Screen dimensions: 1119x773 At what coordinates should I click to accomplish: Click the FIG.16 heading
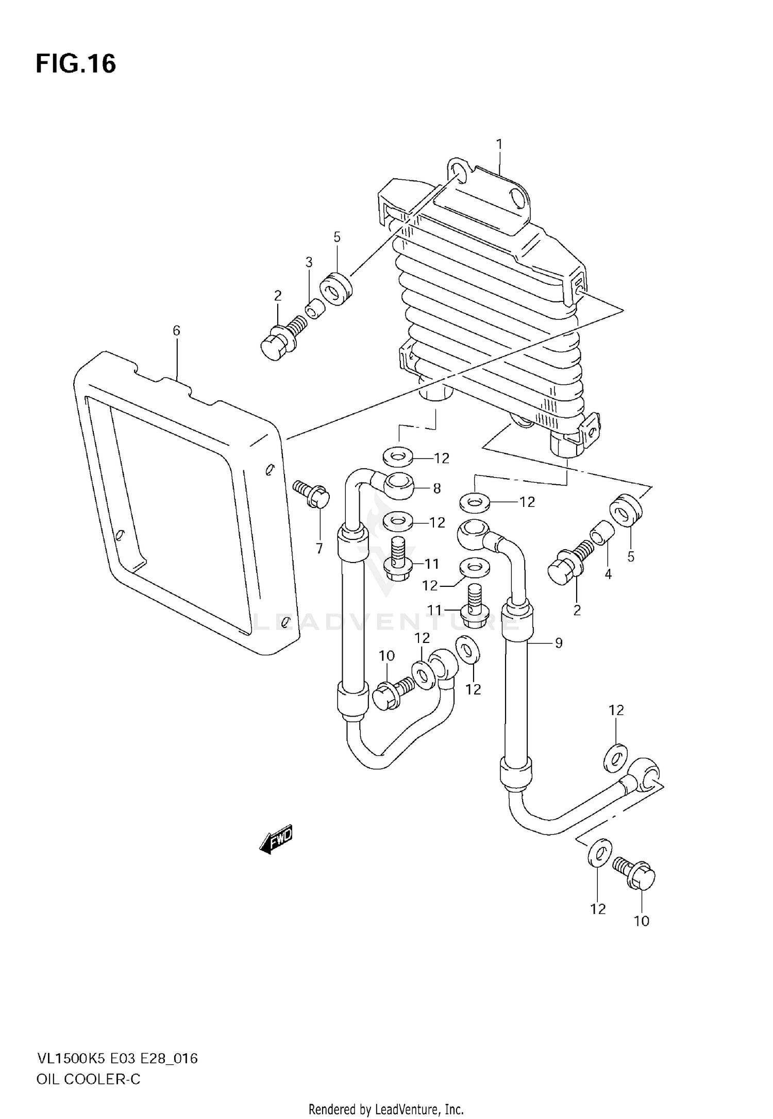tap(76, 64)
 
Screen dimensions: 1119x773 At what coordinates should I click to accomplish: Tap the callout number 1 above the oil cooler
tap(499, 144)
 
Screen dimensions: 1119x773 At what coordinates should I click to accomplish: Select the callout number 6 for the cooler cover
tap(176, 331)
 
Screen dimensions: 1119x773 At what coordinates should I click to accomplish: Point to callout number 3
tap(309, 262)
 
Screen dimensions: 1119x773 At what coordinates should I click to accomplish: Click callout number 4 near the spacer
tap(608, 574)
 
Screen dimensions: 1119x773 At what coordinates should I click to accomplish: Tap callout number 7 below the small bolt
tap(320, 549)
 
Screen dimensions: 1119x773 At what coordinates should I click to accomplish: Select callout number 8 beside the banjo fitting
tap(437, 488)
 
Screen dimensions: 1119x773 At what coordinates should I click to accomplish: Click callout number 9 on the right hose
tap(559, 642)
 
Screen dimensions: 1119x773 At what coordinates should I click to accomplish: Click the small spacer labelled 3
tap(314, 311)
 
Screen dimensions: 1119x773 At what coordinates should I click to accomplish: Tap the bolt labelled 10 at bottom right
tap(635, 875)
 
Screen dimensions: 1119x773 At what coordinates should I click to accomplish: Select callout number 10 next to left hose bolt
tap(386, 655)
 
